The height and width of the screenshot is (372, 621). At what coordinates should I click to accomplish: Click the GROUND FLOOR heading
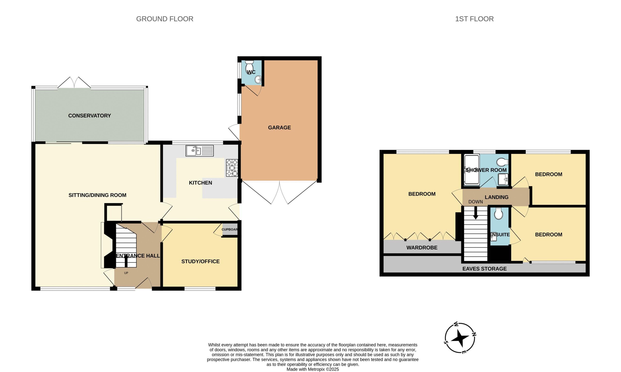tap(164, 19)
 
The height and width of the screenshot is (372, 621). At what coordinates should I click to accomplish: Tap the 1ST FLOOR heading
tap(474, 19)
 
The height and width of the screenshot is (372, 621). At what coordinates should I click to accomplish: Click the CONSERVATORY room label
tap(90, 116)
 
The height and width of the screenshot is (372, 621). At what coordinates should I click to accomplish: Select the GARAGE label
tap(279, 128)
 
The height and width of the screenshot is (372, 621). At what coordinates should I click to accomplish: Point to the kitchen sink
tap(199, 151)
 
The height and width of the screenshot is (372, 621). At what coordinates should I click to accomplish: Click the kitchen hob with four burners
tap(232, 168)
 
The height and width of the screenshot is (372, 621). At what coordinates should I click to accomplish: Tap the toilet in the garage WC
tap(249, 67)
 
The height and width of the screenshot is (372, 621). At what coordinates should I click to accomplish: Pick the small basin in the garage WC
tap(258, 80)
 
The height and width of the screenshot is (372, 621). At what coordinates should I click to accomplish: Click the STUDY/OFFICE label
tap(200, 261)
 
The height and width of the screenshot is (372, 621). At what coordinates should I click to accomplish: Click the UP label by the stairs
tap(126, 273)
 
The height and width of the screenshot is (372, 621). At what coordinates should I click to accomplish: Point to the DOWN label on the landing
tap(475, 202)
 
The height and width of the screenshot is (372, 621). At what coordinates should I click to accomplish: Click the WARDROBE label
tap(422, 248)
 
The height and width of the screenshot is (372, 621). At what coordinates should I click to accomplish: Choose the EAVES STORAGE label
tap(484, 269)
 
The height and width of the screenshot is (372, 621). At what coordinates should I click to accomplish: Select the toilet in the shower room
tap(502, 162)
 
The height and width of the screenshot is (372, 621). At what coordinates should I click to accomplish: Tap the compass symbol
tap(460, 338)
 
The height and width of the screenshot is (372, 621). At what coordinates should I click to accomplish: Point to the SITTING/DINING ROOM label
tap(98, 195)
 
